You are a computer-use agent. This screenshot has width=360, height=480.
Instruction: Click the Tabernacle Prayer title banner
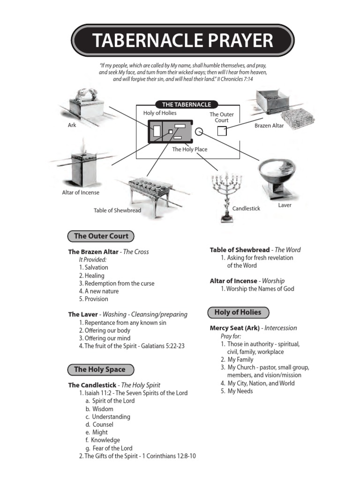pyautogui.click(x=182, y=41)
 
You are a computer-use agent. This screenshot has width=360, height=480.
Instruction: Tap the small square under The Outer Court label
pyautogui.click(x=222, y=131)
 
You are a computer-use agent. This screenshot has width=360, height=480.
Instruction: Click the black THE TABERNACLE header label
pyautogui.click(x=187, y=105)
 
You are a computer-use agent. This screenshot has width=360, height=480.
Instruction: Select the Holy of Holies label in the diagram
pyautogui.click(x=160, y=113)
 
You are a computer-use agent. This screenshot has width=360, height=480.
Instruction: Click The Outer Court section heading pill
pyautogui.click(x=101, y=236)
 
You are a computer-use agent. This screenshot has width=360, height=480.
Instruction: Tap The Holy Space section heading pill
pyautogui.click(x=100, y=369)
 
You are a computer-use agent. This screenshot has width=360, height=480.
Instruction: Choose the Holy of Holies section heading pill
pyautogui.click(x=238, y=312)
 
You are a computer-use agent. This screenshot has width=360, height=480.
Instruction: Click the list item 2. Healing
pyautogui.click(x=92, y=276)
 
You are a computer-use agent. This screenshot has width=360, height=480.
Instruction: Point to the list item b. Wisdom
pyautogui.click(x=99, y=409)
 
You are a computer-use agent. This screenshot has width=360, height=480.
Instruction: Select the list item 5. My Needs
pyautogui.click(x=237, y=391)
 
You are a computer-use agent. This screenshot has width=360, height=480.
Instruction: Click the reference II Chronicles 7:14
pyautogui.click(x=235, y=79)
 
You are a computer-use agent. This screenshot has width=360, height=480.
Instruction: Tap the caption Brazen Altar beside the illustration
pyautogui.click(x=269, y=126)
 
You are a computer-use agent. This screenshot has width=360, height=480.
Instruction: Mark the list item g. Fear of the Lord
pyautogui.click(x=109, y=448)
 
